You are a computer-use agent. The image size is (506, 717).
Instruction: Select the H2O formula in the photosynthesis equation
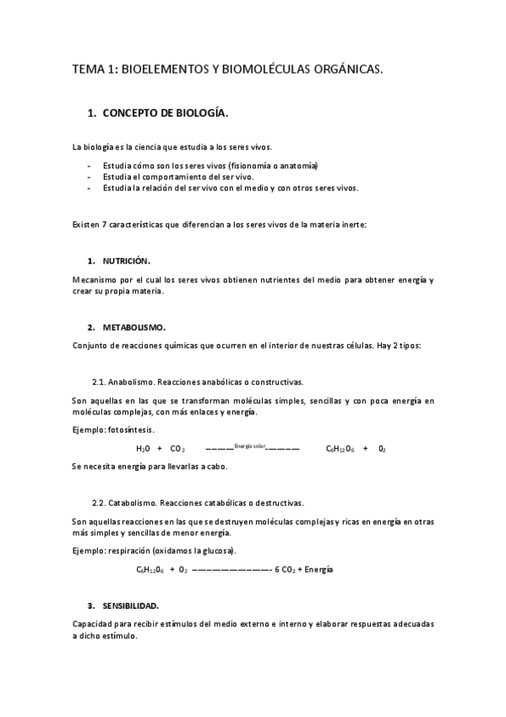[143, 449]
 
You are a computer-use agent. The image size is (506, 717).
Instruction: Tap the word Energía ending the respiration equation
[318, 570]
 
